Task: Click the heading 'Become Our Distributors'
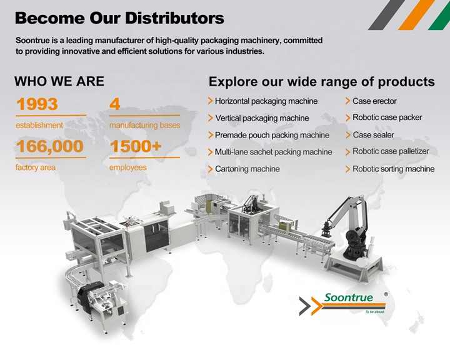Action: (119, 17)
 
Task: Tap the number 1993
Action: (37, 104)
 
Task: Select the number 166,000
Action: (50, 147)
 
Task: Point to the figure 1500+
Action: (136, 147)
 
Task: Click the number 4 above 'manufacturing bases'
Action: (115, 104)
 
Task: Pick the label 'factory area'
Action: (36, 167)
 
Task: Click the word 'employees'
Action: (128, 167)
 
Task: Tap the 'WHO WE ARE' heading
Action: (59, 81)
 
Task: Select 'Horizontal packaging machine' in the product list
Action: (266, 101)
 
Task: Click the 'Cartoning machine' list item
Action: (247, 169)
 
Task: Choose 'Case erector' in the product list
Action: (374, 101)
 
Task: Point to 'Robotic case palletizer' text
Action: (391, 151)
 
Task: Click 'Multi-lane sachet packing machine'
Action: (273, 152)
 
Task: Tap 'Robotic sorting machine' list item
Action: (393, 169)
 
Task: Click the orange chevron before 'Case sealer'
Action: (347, 135)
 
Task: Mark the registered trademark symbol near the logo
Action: (386, 294)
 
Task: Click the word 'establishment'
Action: (39, 125)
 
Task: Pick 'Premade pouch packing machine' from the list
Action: (272, 135)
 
